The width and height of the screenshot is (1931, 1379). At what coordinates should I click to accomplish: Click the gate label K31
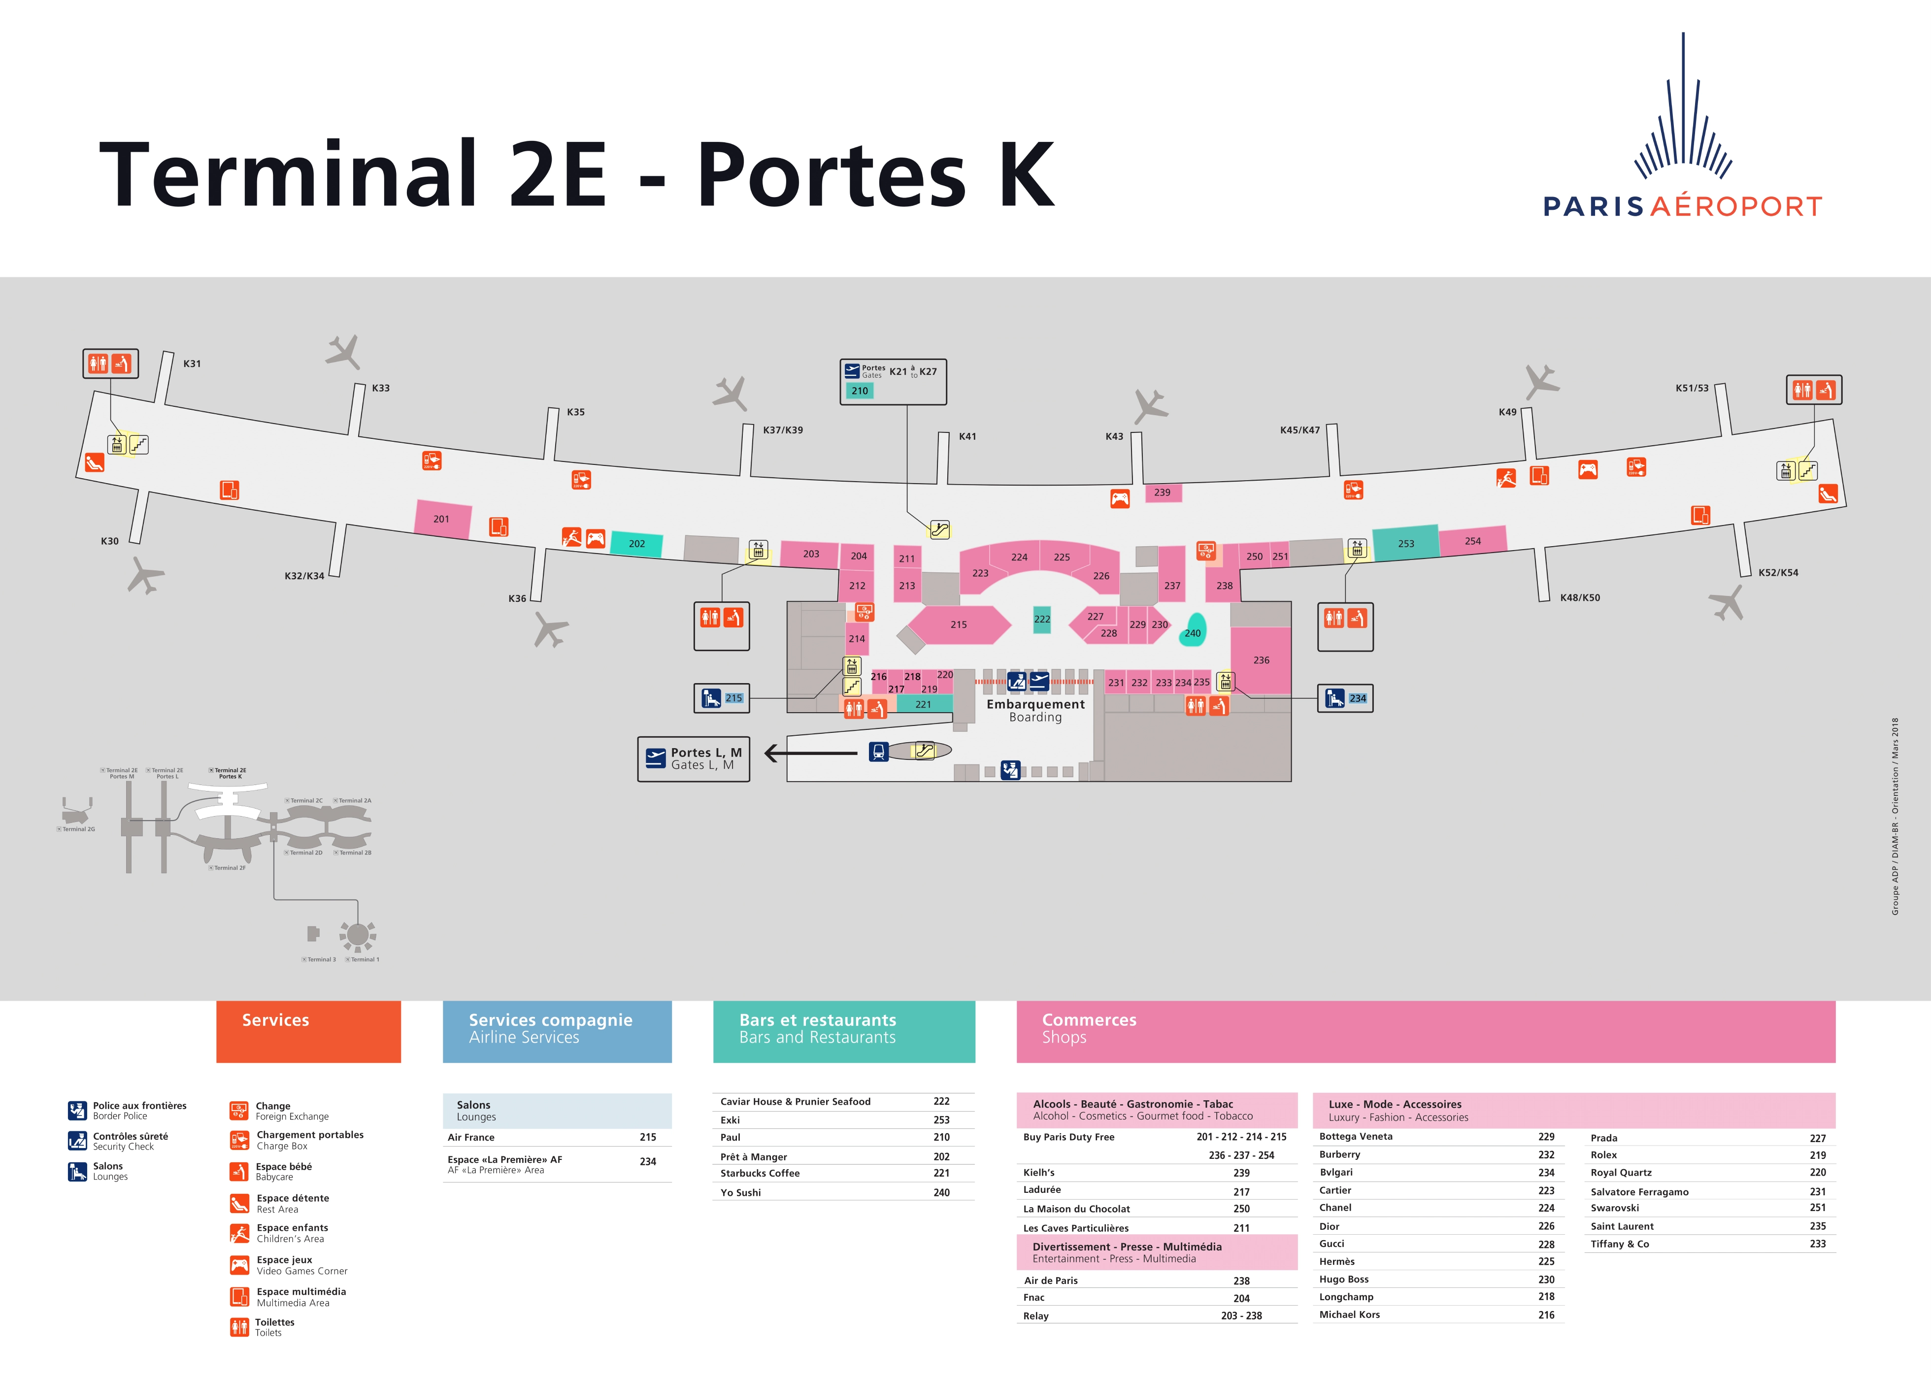192,363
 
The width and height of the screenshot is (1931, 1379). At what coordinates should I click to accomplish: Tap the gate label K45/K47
1299,430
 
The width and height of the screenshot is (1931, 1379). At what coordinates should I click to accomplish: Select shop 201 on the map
441,519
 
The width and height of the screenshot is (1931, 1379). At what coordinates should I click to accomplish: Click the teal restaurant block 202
637,543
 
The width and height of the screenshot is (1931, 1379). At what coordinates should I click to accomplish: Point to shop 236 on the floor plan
1261,660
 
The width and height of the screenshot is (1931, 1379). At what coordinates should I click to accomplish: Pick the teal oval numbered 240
1193,632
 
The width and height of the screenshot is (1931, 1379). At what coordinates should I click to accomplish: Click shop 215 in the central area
959,624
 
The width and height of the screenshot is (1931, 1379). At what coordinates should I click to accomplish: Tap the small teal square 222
1042,619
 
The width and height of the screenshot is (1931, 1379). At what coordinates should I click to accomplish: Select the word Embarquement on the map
1035,704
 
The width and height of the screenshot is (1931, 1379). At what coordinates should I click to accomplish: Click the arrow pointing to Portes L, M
811,753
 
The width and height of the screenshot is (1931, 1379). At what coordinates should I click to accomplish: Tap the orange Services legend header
308,1031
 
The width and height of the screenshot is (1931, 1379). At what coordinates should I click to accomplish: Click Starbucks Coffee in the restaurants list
760,1174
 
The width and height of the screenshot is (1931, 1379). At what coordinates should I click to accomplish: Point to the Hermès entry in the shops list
1336,1262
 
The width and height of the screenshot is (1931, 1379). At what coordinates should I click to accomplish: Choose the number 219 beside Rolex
1817,1155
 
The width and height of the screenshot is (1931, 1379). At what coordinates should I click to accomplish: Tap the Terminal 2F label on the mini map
229,868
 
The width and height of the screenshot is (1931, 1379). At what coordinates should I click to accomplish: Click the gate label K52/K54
1778,572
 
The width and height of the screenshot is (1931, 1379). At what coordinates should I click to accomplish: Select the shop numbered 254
1472,541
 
